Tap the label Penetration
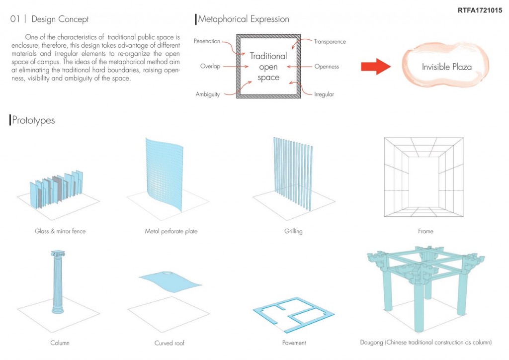tap(207, 41)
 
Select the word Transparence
tap(330, 42)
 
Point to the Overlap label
tap(210, 66)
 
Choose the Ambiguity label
tap(207, 94)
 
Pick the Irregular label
tap(324, 94)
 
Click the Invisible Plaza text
tap(446, 67)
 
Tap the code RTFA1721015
tap(479, 9)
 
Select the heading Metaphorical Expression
tap(244, 19)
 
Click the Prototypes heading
tap(34, 120)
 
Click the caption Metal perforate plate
tap(171, 231)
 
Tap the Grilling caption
tap(293, 231)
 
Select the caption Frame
tap(425, 231)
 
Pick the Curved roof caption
tap(171, 343)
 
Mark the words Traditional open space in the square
tap(268, 67)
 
